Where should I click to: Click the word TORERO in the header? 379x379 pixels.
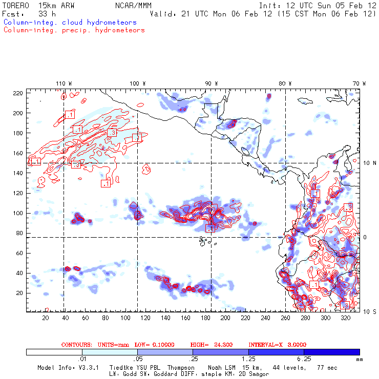tap(15, 5)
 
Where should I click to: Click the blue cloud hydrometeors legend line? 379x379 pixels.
tap(70, 23)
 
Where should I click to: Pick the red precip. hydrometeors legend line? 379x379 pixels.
tap(74, 30)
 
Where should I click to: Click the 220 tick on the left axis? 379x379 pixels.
tap(18, 93)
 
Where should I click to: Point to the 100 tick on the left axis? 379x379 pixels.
tap(18, 213)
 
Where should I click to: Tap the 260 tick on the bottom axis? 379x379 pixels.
tap(286, 318)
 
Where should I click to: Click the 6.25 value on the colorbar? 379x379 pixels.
tap(304, 360)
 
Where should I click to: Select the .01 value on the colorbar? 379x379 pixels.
tap(82, 360)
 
